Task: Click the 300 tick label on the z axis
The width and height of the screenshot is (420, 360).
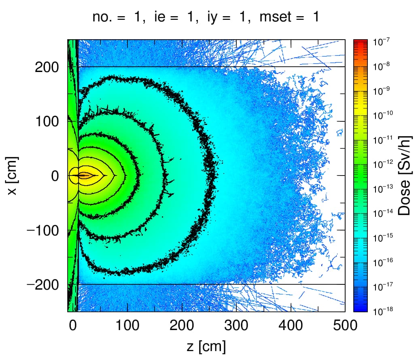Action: pos(236,326)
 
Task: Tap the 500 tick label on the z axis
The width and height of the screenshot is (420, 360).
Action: pos(345,326)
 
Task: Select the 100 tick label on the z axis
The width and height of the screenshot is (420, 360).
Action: pos(127,326)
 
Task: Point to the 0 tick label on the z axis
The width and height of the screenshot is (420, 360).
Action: pos(73,326)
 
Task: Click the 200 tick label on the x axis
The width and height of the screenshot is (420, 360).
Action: pos(47,67)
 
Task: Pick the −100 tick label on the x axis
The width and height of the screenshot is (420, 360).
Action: pos(43,230)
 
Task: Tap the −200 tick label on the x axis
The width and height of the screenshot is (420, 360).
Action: pos(43,285)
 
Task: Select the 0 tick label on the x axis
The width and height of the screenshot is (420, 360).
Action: pos(55,176)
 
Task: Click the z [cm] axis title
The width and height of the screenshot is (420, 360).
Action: pos(206,347)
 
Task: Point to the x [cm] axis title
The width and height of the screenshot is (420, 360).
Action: pos(12,176)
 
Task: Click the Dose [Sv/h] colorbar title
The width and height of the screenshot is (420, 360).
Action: pos(404,176)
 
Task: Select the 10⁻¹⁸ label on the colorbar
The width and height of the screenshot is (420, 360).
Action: pos(383,311)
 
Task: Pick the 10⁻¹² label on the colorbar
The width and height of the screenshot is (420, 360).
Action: pos(383,164)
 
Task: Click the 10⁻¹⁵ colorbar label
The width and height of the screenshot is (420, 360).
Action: pos(383,237)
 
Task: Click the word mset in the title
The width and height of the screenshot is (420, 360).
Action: pos(276,17)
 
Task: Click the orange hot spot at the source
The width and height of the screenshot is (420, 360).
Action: pos(84,176)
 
